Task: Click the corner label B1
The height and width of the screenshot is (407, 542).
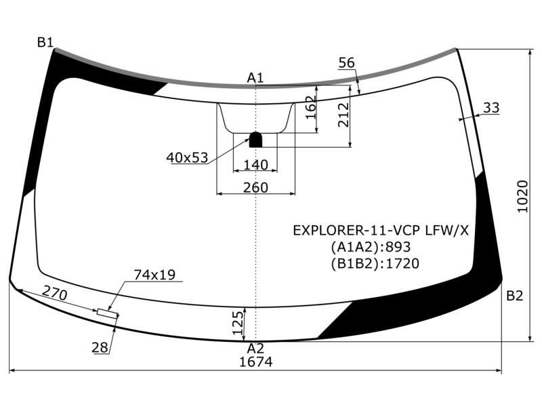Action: coord(45,43)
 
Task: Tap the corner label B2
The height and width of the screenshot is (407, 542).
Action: coord(515,296)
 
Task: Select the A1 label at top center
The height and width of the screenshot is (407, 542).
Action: coord(255,77)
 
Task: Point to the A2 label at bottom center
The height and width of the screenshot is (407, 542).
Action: coord(255,348)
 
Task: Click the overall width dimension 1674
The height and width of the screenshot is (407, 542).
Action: coord(256,362)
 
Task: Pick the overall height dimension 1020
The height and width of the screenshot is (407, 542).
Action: coord(522,197)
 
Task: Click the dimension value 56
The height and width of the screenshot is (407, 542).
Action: coord(347,62)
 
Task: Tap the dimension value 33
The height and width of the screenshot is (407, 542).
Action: coord(491,108)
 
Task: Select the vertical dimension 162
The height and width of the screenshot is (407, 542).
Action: coord(311,108)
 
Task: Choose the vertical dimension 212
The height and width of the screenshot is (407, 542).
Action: coord(344,115)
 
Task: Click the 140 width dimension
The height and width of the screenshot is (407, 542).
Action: coord(256,165)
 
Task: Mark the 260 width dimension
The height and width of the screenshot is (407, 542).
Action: coord(256,187)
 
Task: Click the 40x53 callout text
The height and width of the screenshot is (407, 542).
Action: coord(187,157)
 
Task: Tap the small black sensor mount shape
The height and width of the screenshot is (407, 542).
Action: coord(256,140)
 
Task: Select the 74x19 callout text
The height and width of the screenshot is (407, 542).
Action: coord(154,275)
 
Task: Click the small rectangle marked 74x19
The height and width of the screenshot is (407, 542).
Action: coord(108,313)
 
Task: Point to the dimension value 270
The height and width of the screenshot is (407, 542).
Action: coord(55,294)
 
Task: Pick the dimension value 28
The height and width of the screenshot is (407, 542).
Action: coord(100,347)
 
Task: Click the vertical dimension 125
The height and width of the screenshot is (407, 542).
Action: coord(238,323)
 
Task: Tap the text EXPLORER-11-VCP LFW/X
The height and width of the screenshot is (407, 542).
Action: coord(381,230)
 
